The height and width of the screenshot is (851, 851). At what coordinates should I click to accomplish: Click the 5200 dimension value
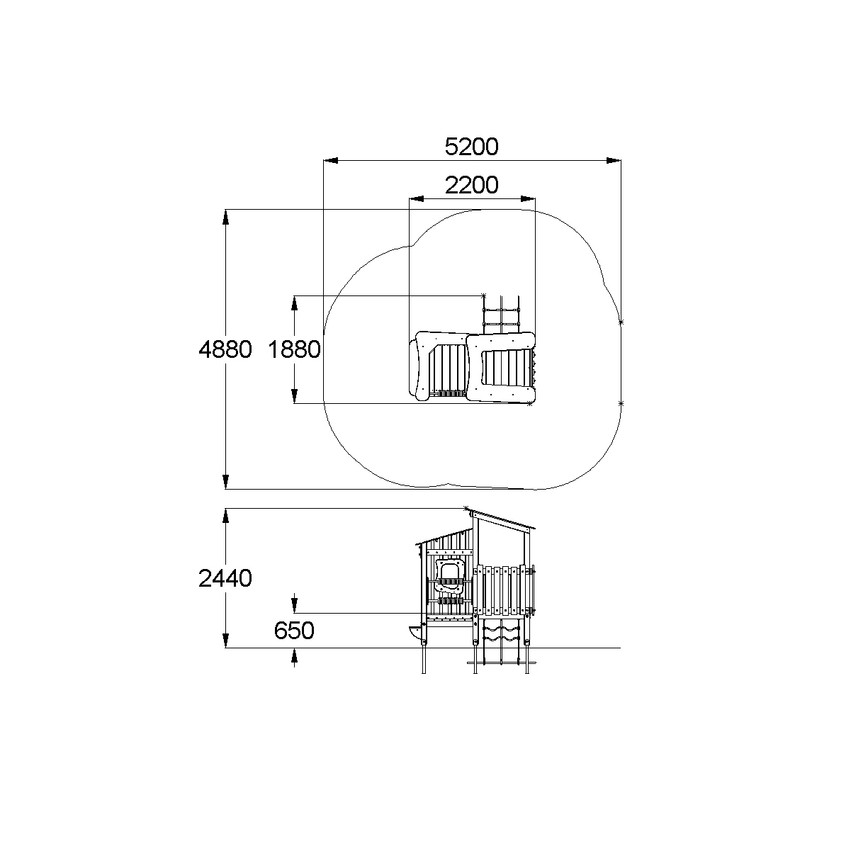[471, 147]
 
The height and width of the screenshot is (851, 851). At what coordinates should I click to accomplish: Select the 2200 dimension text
[471, 185]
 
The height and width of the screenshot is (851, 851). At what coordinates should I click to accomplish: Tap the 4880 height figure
[225, 349]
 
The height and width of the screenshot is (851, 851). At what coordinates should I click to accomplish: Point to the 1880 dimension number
[294, 349]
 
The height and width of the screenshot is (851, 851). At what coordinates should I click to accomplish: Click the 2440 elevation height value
[225, 578]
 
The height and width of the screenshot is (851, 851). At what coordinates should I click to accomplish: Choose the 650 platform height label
[294, 630]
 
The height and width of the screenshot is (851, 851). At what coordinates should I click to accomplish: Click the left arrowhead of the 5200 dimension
[331, 160]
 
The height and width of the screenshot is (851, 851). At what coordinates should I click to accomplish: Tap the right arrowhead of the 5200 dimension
[614, 160]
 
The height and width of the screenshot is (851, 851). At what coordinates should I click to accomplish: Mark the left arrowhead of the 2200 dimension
[417, 198]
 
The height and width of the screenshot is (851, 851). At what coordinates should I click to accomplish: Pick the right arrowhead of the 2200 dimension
[528, 198]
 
